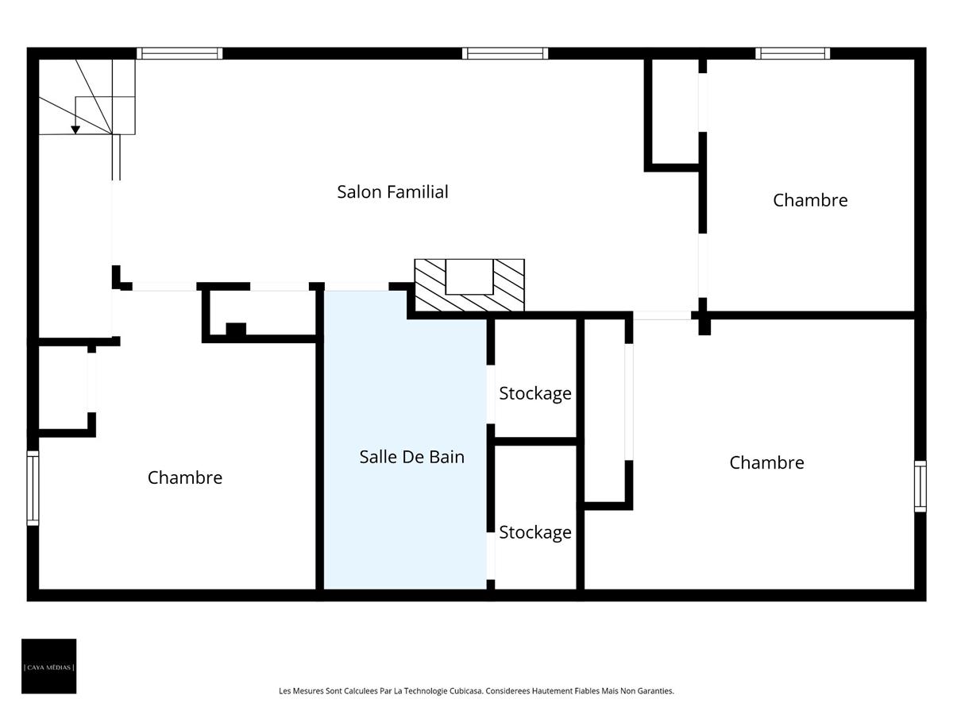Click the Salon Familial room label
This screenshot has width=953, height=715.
point(392,191)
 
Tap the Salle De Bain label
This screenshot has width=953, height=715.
point(411,457)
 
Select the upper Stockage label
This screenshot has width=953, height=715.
point(534,393)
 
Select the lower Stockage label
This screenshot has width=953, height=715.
point(534,532)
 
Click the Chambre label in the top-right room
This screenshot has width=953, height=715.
point(810,200)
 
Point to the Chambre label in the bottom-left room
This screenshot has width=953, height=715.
point(184,477)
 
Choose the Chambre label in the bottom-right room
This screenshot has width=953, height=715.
point(766,462)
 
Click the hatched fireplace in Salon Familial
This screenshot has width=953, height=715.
point(469,285)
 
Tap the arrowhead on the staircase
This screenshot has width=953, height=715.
point(75,129)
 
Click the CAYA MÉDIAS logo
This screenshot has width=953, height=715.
point(49,666)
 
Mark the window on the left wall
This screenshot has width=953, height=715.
point(33,488)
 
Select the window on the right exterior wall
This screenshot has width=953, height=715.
point(920,486)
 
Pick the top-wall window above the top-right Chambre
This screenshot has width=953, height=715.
point(793,53)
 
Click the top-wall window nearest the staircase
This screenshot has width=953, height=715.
point(179,53)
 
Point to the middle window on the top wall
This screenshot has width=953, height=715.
point(506,53)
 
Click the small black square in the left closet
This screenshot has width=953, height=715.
point(236,330)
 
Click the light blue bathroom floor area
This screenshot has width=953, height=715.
point(405,524)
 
